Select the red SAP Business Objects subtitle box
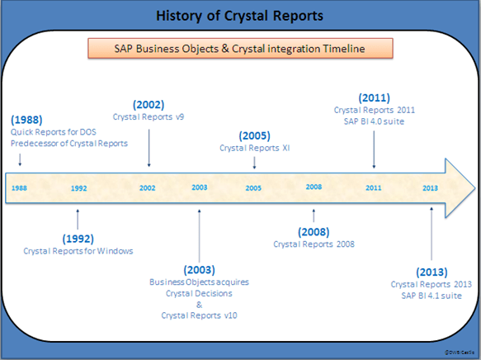coord(238,49)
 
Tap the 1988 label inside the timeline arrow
coord(19,188)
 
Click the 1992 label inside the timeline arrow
coord(78,188)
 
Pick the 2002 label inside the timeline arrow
coord(148,188)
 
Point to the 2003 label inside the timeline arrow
coord(199,187)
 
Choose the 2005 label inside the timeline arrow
coord(253,188)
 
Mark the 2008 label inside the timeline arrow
coord(314,187)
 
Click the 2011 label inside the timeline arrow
coord(374,188)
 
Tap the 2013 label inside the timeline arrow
coord(430,188)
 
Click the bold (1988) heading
coord(27,120)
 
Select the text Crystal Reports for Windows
coord(78,250)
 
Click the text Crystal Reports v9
coord(149,117)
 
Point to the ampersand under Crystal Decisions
coord(199,304)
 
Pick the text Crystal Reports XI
coord(253,148)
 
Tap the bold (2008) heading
coord(314,231)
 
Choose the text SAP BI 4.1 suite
coord(431,296)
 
